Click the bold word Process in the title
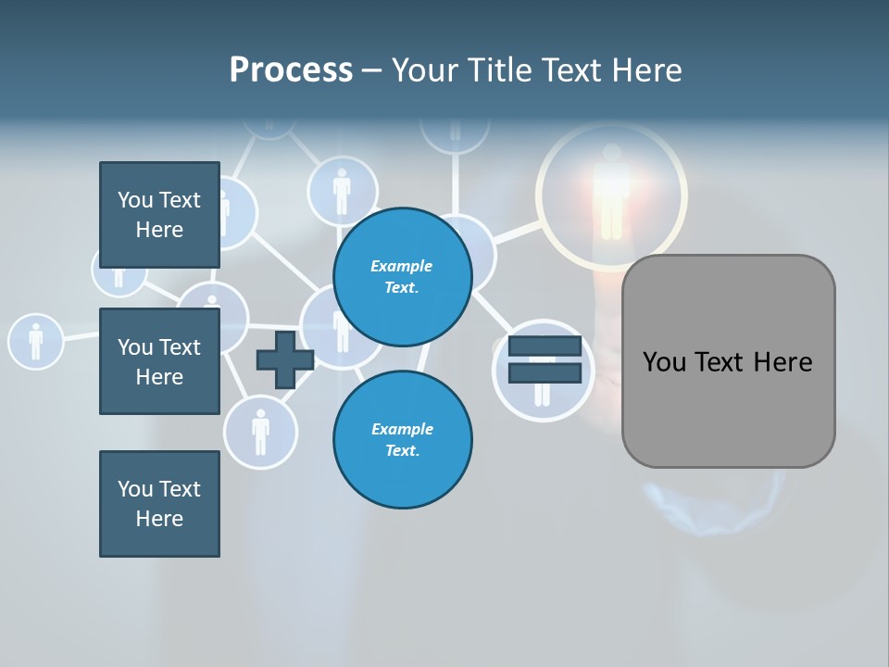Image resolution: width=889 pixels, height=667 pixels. tap(291, 70)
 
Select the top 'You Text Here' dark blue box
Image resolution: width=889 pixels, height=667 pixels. tap(159, 215)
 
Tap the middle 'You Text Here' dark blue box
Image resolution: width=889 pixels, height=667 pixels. tap(159, 361)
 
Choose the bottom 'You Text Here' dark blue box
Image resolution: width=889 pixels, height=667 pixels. tap(159, 504)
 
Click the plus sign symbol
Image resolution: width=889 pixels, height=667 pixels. tap(284, 359)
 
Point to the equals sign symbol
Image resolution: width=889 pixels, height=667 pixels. tap(545, 359)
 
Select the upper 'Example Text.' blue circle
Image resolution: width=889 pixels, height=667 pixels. tap(402, 276)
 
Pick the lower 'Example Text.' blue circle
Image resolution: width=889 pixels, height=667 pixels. tap(402, 439)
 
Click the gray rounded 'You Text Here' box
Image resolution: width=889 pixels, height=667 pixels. tap(728, 361)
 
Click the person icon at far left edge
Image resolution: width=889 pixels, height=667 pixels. tap(35, 340)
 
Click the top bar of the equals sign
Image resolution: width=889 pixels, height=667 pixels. tap(545, 346)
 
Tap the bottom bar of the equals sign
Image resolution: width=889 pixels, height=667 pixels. tap(545, 372)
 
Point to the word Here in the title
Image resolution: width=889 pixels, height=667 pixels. tap(648, 70)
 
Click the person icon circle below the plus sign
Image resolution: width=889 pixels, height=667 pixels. tap(260, 431)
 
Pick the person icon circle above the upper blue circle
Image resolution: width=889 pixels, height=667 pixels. tap(342, 191)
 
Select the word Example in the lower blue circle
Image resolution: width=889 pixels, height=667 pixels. tap(402, 429)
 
